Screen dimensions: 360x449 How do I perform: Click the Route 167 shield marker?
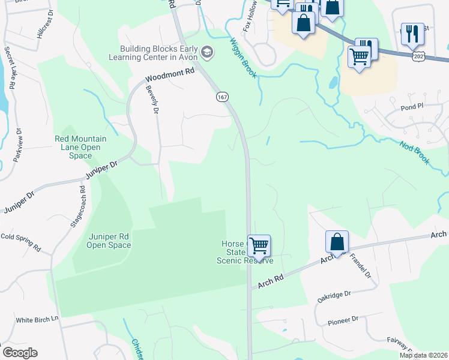point(222,97)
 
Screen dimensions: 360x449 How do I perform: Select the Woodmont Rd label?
point(170,74)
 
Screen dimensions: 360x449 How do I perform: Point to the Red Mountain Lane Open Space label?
point(80,147)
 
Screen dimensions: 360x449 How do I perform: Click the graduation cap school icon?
point(208,53)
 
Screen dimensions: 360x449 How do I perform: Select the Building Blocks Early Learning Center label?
point(156,53)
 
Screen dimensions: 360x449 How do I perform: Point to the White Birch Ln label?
point(38,320)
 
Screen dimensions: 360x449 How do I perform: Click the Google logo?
point(20,353)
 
